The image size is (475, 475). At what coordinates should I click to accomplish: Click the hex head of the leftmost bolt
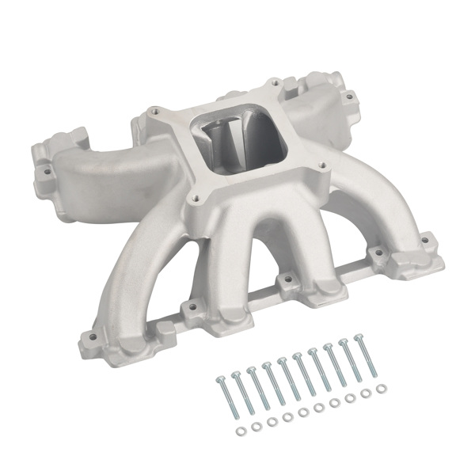coord(218,379)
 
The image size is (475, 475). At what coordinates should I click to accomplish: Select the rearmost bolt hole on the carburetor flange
coord(272,81)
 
